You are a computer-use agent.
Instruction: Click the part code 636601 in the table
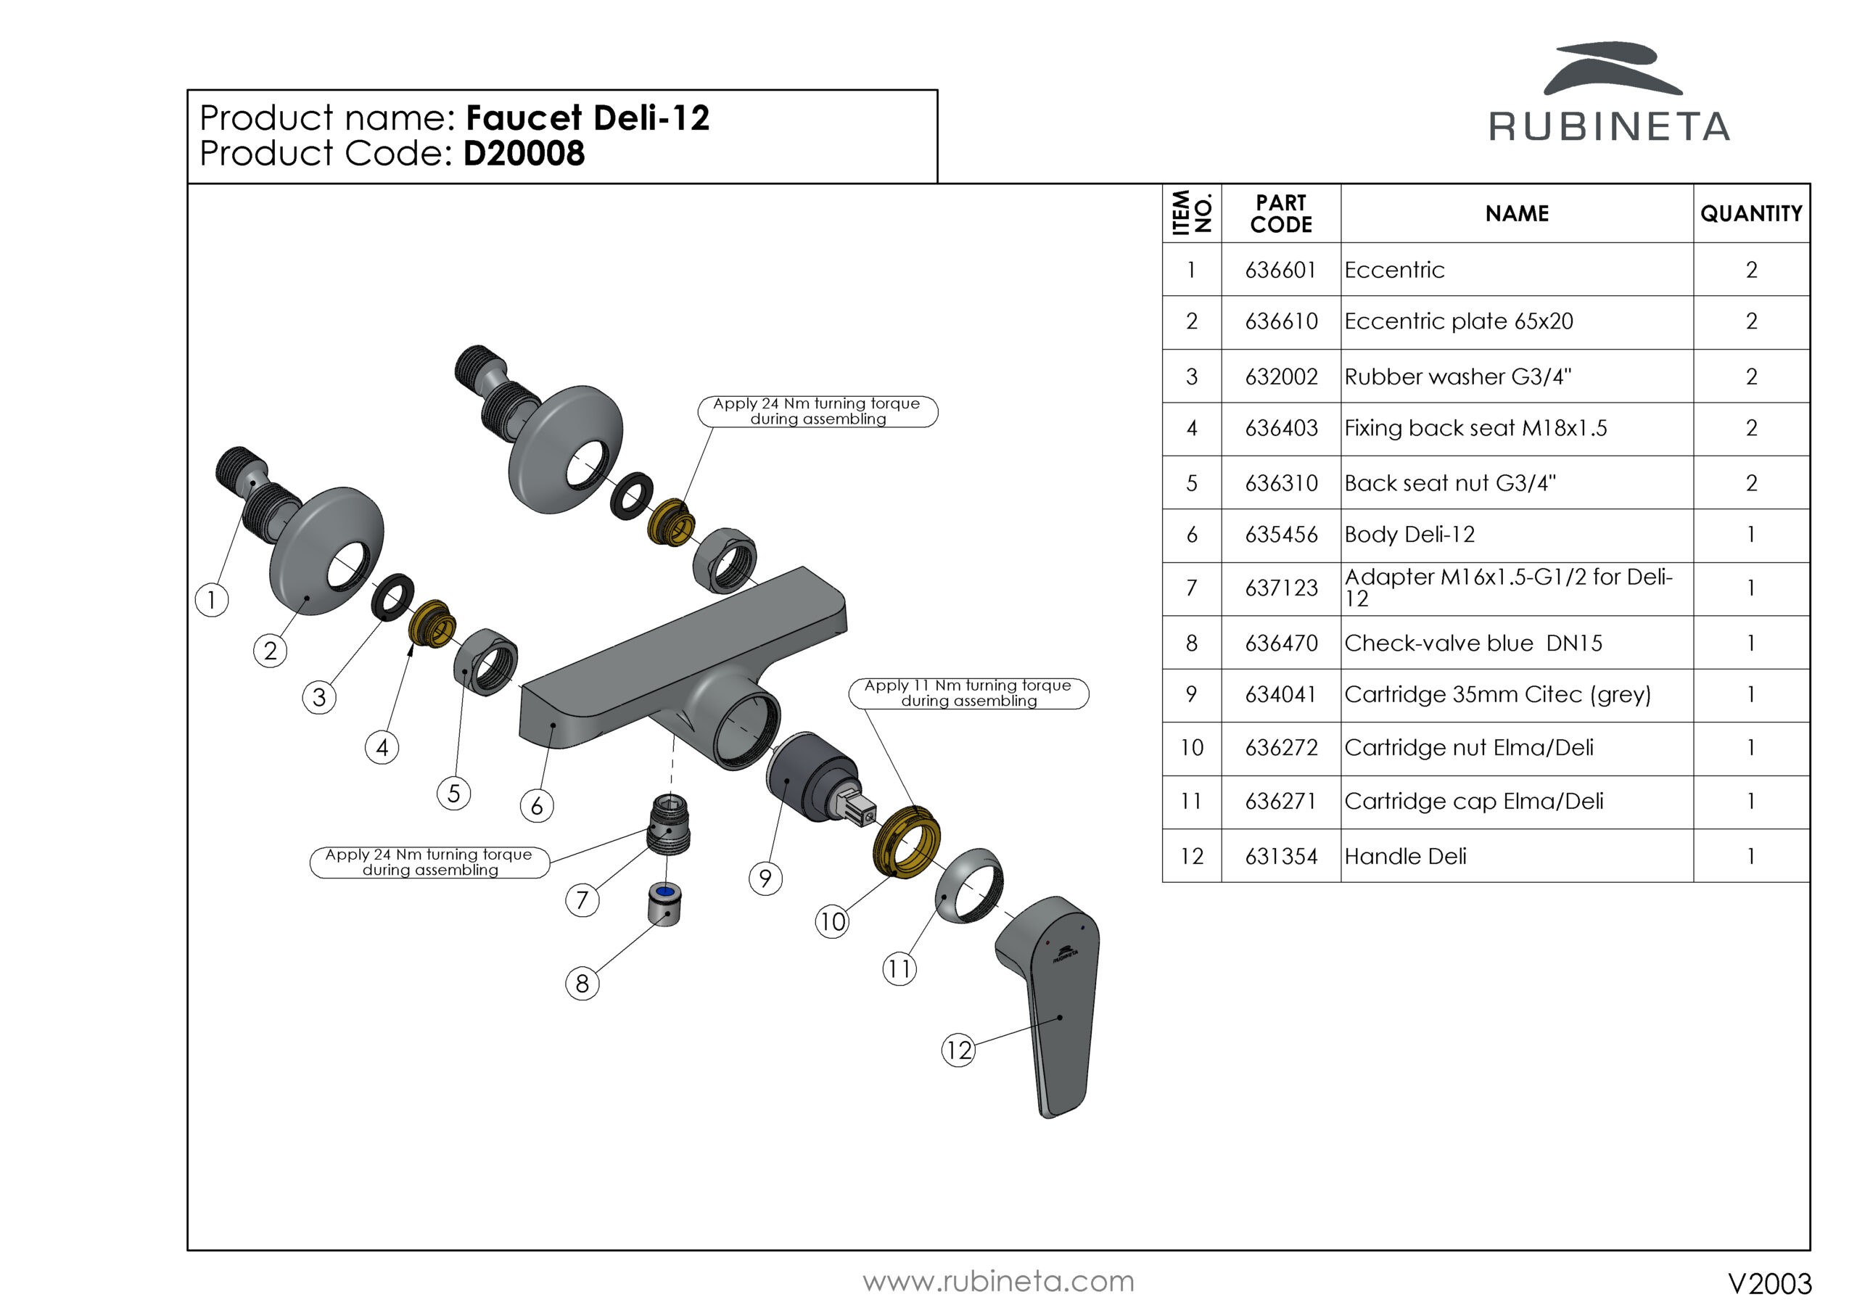tap(1280, 270)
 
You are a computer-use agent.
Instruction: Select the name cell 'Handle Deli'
tap(1405, 856)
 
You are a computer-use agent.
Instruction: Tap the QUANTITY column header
tap(1750, 213)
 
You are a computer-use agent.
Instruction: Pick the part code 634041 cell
tap(1280, 695)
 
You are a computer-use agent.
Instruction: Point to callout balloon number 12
tap(958, 1050)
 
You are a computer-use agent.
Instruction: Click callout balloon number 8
tap(582, 984)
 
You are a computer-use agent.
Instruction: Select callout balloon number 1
tap(212, 600)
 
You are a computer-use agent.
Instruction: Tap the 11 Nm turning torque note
tap(968, 693)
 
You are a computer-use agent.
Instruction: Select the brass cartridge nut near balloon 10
tap(907, 841)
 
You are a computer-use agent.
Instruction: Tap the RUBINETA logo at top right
tap(1609, 93)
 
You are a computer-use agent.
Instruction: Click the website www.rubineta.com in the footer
tap(998, 1282)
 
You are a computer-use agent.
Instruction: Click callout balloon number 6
tap(536, 806)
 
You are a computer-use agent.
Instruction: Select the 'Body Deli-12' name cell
tap(1409, 535)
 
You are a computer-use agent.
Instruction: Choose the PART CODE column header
tap(1280, 213)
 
